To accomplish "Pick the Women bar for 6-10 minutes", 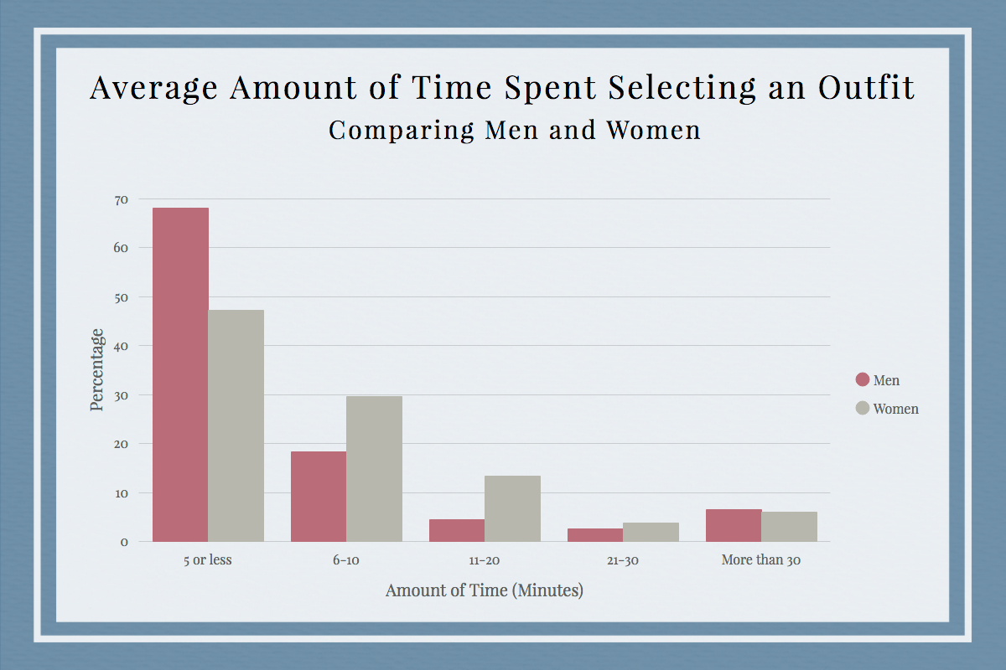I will click(374, 468).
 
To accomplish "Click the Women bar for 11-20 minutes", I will click(512, 508).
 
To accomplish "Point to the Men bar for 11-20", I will click(457, 530).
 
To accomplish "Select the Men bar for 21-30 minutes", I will click(595, 534).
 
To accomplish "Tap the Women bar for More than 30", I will click(789, 526).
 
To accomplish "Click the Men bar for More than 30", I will click(734, 525).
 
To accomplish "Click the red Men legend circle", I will click(862, 379).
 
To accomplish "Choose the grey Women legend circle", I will click(862, 409).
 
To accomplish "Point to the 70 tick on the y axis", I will click(122, 199).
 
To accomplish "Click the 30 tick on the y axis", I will click(122, 394).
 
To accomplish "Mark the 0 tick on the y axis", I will click(124, 542).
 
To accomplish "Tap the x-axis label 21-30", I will click(622, 560).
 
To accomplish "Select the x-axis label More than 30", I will click(760, 560).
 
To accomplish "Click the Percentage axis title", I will click(97, 369).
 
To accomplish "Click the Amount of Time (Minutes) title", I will click(484, 590).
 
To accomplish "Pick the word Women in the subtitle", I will click(652, 131).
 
